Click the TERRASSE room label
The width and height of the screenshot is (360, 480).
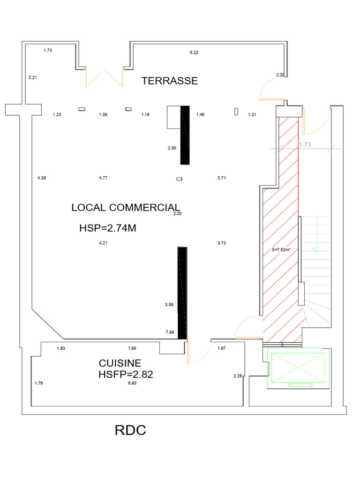coord(170,81)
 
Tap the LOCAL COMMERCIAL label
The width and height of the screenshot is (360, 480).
coord(126,208)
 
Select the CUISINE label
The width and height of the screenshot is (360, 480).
coord(120,363)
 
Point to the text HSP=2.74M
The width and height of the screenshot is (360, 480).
coord(108,228)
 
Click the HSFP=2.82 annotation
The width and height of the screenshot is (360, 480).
coord(126,374)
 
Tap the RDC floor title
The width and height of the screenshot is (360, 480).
coord(130,430)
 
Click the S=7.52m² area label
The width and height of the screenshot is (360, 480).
coord(281,250)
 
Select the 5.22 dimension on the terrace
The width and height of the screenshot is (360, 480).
coord(194,52)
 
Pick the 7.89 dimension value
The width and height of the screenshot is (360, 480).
coord(170,332)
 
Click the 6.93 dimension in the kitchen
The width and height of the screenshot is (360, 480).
coord(132,383)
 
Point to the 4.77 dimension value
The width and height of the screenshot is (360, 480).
coord(103,178)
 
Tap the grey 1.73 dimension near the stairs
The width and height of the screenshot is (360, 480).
coord(305,144)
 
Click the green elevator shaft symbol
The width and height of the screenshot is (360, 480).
coord(298,368)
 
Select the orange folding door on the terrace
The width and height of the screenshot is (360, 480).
coord(105,77)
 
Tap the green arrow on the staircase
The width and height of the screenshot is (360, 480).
coord(317,235)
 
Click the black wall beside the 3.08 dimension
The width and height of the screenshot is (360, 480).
coord(182,293)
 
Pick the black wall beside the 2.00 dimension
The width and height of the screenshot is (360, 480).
coord(185,135)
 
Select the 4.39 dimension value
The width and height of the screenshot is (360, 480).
coord(42,178)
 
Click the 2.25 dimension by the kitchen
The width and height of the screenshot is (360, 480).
coord(238,375)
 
